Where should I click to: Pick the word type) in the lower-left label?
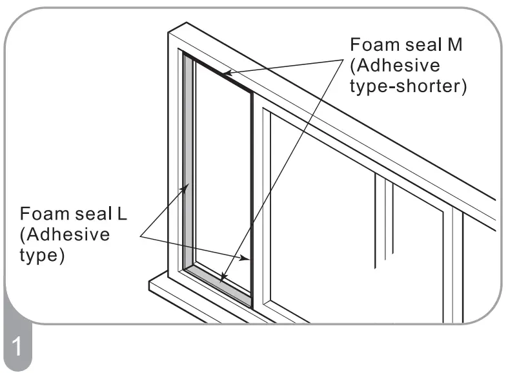point(43,255)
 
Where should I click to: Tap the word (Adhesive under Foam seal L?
point(65,234)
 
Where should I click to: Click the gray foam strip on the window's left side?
point(188,161)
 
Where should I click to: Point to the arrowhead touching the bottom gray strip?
point(223,278)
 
